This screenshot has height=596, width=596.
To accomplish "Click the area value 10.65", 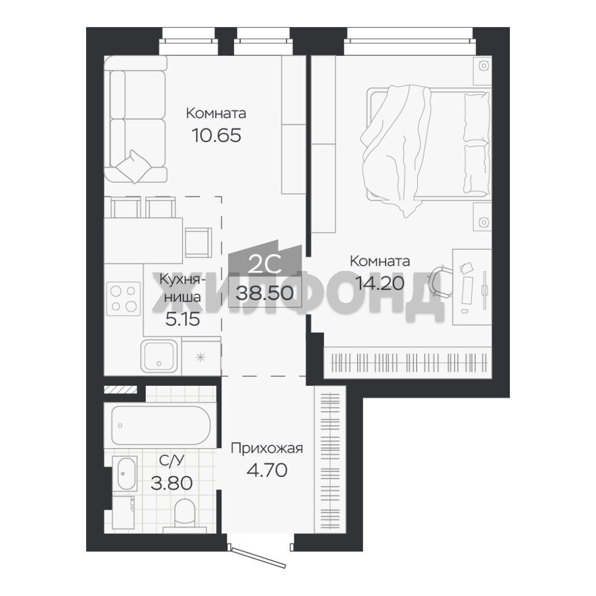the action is [x=216, y=135].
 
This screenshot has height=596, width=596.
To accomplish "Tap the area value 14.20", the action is [x=379, y=283].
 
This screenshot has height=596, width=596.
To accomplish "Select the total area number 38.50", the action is [x=264, y=293].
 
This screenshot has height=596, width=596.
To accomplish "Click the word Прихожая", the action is [x=267, y=449].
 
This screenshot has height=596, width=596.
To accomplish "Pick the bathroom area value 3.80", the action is [x=172, y=483].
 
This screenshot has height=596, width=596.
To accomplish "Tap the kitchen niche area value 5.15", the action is [x=183, y=320].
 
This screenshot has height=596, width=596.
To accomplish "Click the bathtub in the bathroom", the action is [x=161, y=424].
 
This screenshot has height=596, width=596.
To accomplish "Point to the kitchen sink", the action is [x=159, y=355].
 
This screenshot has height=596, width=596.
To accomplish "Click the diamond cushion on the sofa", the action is [x=132, y=167].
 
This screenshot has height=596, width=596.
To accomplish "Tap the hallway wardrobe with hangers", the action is [x=330, y=459].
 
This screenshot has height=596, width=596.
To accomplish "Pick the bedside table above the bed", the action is [x=482, y=71].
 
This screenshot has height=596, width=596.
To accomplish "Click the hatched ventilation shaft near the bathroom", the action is [x=120, y=390].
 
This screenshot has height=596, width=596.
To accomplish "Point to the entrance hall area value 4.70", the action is [x=267, y=470].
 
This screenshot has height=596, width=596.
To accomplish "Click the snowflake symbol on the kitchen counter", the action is [x=200, y=357].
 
